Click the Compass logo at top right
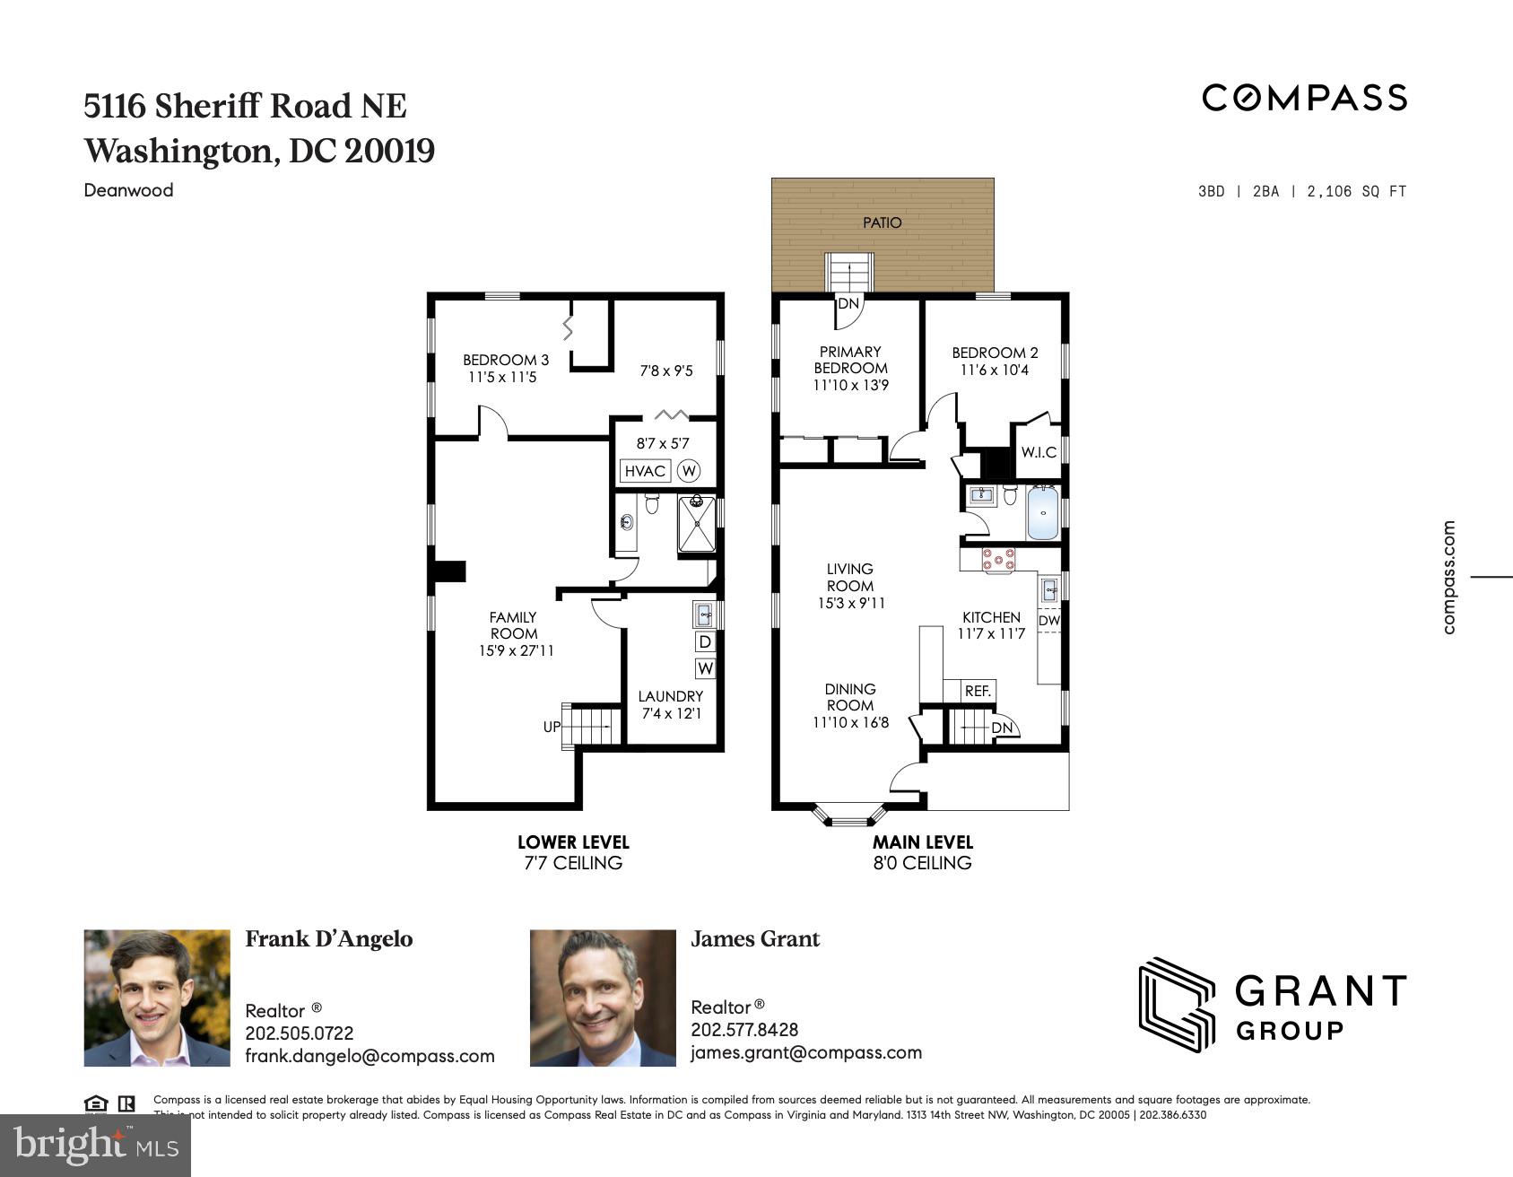[x=1304, y=98]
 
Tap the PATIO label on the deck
[x=882, y=222]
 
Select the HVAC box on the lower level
[x=645, y=471]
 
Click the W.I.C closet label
[x=1039, y=452]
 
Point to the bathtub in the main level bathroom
[x=1042, y=512]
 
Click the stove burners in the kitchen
[x=998, y=560]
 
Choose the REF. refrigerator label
[x=978, y=691]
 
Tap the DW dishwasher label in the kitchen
[x=1048, y=620]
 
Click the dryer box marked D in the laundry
[x=705, y=641]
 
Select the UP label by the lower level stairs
[x=552, y=727]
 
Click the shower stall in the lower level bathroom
[x=697, y=524]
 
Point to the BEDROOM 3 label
[x=506, y=360]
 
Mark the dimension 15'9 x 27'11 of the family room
[x=516, y=650]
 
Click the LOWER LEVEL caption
[x=573, y=842]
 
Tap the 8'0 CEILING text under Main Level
[x=922, y=863]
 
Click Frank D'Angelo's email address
[x=370, y=1056]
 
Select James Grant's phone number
[x=744, y=1030]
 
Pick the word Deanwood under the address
[x=128, y=190]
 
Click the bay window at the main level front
[x=849, y=815]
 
